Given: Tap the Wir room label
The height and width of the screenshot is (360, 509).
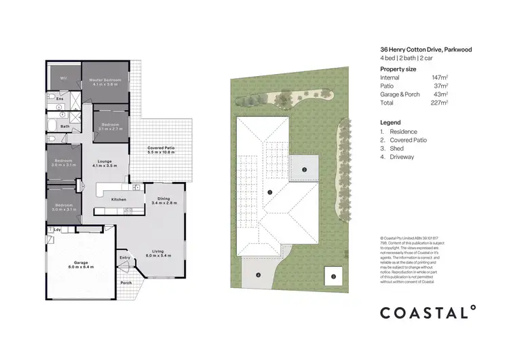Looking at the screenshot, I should pyautogui.click(x=63, y=78).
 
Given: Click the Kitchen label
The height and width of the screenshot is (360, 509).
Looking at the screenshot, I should pyautogui.click(x=119, y=200).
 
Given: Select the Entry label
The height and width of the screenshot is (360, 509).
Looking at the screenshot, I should pyautogui.click(x=125, y=257).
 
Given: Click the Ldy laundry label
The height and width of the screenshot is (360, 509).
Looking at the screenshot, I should pyautogui.click(x=58, y=229).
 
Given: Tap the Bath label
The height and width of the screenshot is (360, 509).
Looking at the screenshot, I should pyautogui.click(x=65, y=126).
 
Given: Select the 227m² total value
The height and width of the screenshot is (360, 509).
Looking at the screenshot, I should pyautogui.click(x=440, y=103).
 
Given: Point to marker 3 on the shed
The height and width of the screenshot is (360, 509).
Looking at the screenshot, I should pyautogui.click(x=333, y=277).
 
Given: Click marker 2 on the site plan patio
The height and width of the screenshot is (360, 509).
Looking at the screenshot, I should pyautogui.click(x=305, y=169).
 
